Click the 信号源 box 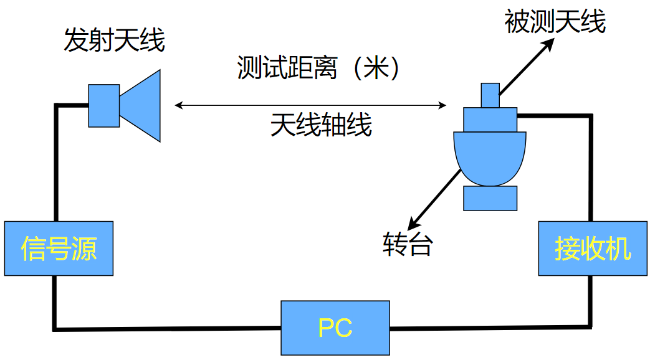[59, 248]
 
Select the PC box [335, 328]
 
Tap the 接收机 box [593, 248]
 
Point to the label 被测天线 [555, 22]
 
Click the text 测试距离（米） [317, 68]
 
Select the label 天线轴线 [321, 125]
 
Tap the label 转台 [407, 245]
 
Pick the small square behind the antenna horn [103, 106]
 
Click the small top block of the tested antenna [490, 95]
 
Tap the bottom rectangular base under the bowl [490, 197]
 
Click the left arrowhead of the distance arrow [178, 106]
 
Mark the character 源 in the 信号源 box [84, 248]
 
